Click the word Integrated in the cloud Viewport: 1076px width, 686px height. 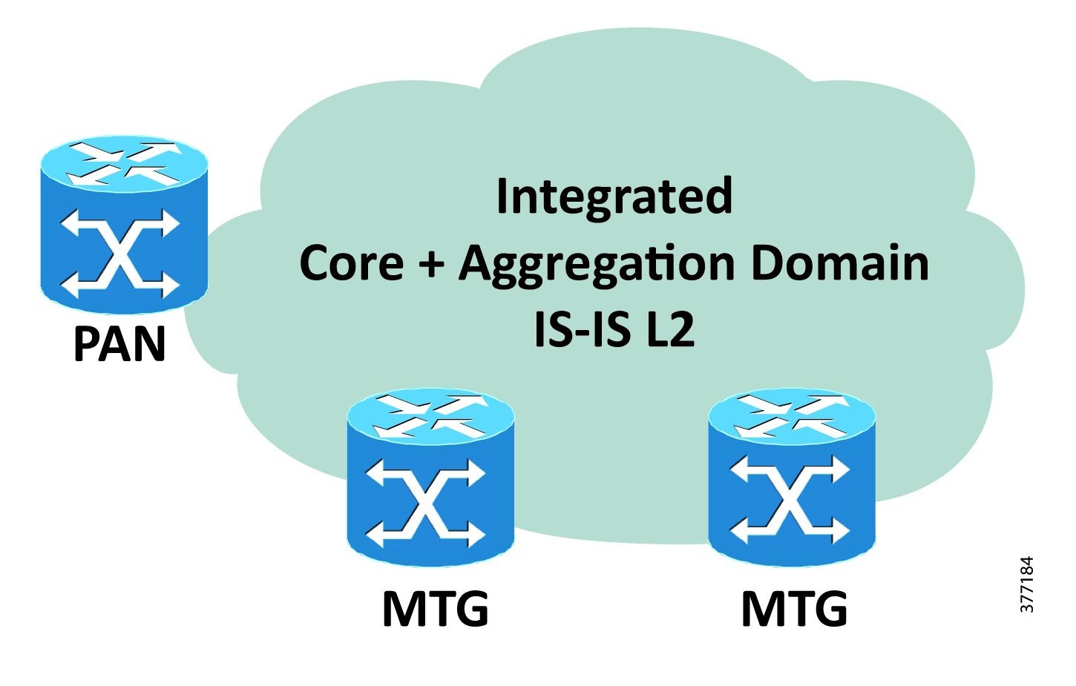click(x=614, y=197)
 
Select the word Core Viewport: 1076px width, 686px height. click(x=351, y=263)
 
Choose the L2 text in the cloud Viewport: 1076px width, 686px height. click(x=670, y=329)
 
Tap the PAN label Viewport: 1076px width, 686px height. click(x=119, y=344)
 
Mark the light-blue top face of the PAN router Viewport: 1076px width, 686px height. click(x=123, y=161)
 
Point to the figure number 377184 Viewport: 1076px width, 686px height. click(x=1026, y=584)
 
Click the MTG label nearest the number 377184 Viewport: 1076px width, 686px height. click(x=794, y=610)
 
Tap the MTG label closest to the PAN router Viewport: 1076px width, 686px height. click(x=435, y=610)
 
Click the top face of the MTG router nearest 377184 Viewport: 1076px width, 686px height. click(x=792, y=416)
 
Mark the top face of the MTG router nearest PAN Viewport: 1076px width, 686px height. click(x=430, y=416)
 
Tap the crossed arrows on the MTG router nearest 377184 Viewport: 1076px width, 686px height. click(x=790, y=499)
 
